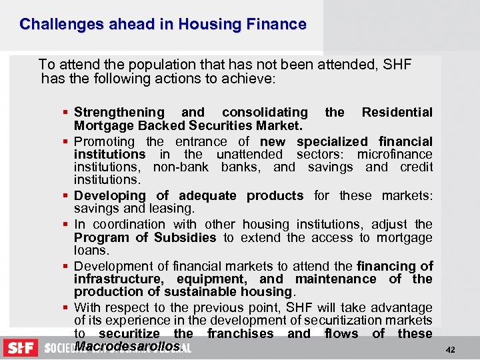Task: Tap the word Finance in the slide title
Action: (275, 25)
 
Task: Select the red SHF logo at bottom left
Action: (21, 348)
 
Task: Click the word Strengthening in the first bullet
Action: (119, 112)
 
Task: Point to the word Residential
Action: (397, 112)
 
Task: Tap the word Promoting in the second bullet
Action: (104, 141)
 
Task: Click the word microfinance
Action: (395, 154)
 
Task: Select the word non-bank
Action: (181, 167)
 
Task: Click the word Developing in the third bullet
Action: (107, 195)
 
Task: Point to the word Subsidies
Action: (185, 237)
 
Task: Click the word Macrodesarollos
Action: (127, 346)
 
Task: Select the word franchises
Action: (240, 333)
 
